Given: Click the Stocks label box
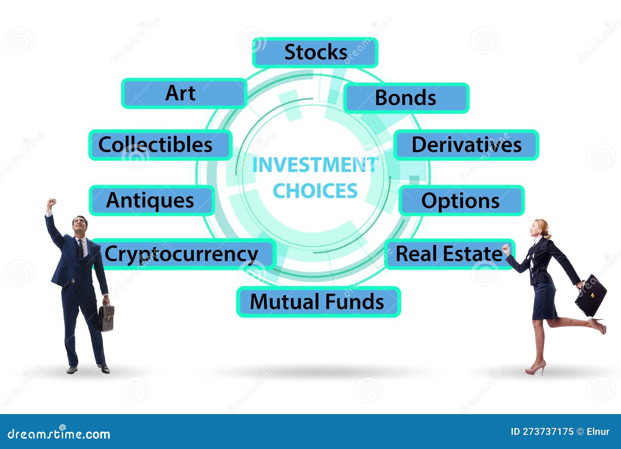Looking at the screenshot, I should click(315, 52).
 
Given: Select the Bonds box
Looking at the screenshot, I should click(406, 98).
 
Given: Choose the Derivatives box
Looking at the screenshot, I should click(466, 145).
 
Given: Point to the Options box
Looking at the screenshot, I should click(461, 201).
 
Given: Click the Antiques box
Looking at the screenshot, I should click(151, 200).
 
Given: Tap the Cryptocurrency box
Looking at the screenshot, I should click(182, 254).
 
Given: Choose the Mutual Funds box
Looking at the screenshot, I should click(318, 302).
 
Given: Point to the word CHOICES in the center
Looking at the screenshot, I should click(315, 191).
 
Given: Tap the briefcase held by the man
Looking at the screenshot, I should click(106, 317).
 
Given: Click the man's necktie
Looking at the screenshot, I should click(80, 248).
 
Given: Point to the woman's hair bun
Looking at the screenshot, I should click(548, 236).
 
